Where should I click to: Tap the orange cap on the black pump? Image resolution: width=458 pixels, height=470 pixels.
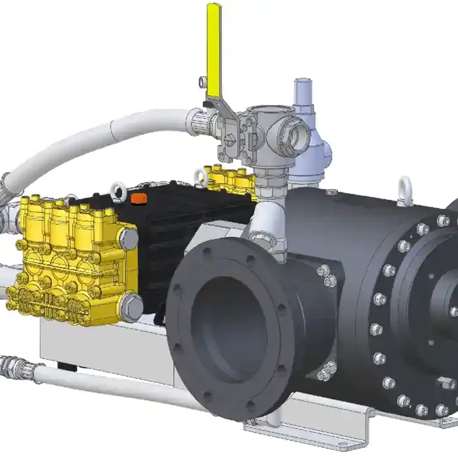tap(139, 199)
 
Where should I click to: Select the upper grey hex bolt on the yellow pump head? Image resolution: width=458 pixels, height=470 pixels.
tap(128, 238)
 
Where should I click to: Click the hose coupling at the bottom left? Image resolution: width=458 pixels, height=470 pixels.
tap(13, 367)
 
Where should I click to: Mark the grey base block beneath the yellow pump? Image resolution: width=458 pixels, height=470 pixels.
tap(106, 347)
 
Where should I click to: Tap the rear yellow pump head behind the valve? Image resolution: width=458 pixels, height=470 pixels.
tap(232, 179)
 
